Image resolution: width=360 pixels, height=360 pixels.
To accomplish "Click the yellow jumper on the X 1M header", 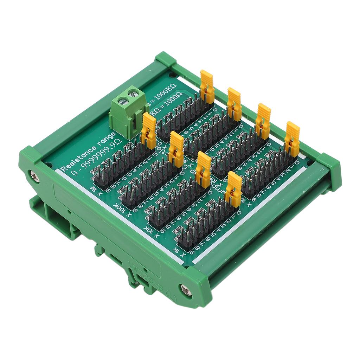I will pyautogui.click(x=149, y=130).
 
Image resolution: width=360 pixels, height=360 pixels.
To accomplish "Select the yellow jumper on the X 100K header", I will pyautogui.click(x=176, y=149).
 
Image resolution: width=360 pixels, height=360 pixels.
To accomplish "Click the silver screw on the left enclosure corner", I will pyautogui.click(x=34, y=176).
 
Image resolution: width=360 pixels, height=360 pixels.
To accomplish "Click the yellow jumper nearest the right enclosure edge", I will pyautogui.click(x=292, y=139).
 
